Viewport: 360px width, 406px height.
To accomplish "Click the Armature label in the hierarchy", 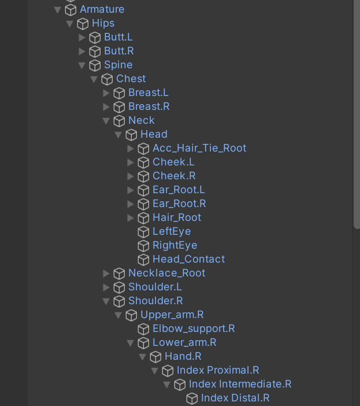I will click(102, 9).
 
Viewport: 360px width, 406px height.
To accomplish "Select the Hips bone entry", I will click(103, 23).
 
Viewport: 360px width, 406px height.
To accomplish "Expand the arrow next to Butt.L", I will click(82, 37).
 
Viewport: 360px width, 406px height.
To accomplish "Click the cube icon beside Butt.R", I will click(95, 51).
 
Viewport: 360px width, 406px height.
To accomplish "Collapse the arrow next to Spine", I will click(82, 65).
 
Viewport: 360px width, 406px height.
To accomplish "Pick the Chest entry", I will click(131, 79).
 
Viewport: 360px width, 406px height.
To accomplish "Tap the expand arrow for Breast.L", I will click(106, 93).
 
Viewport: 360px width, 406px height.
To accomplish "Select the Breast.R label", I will click(149, 106).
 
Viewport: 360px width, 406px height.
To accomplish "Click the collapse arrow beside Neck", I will click(106, 120).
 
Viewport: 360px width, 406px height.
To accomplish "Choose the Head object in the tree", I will click(154, 134).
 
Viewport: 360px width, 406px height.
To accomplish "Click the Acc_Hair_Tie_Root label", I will click(199, 148).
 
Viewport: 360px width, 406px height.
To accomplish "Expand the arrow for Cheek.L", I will click(131, 162).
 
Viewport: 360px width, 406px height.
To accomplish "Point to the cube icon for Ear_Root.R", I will click(143, 204).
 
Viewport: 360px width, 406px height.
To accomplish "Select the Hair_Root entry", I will click(177, 217).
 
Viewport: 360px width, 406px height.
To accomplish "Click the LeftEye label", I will click(172, 231).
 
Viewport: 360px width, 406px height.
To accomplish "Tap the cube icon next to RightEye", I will click(143, 245).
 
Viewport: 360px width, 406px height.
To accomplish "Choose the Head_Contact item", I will click(188, 259).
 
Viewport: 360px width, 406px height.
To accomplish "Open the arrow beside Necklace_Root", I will click(106, 273).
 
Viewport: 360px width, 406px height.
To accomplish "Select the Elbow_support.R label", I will click(194, 329).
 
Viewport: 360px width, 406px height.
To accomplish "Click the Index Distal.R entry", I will click(235, 398).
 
